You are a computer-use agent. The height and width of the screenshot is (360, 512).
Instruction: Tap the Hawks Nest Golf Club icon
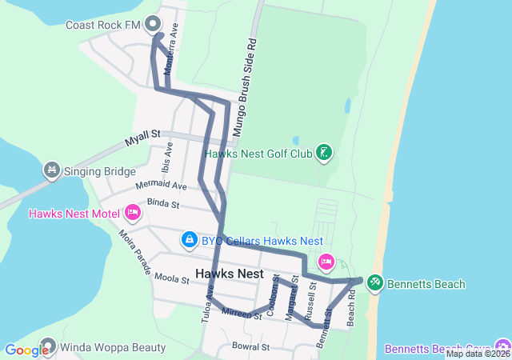(323, 152)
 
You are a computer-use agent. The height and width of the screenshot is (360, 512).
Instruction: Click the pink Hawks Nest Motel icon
(132, 214)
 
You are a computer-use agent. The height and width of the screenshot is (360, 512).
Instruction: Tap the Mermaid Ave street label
(161, 186)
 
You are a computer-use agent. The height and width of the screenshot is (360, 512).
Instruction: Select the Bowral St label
(250, 347)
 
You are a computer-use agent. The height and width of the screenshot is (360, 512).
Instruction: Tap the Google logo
(26, 350)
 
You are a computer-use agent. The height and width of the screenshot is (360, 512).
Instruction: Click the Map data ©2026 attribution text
(478, 354)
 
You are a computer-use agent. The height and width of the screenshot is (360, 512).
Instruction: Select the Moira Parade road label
(134, 251)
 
